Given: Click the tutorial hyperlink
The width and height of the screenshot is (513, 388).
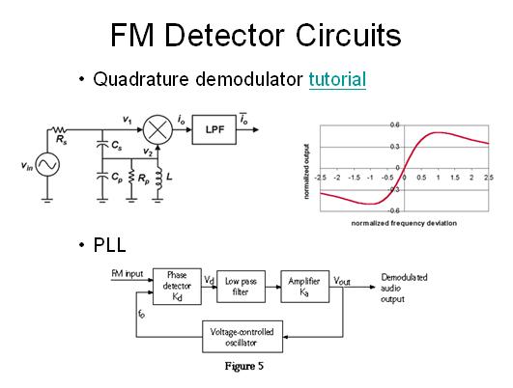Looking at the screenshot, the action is (337, 79).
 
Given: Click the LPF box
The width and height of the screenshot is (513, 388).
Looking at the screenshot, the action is (214, 129).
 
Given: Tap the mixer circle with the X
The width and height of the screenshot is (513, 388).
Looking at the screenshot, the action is (157, 129).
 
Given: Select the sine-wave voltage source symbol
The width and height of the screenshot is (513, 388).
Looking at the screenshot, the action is (47, 164).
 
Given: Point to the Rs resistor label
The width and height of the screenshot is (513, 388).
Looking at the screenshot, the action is (62, 140).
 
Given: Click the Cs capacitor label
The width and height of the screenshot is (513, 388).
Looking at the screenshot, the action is (117, 146).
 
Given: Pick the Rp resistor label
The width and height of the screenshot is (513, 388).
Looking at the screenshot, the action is (143, 179).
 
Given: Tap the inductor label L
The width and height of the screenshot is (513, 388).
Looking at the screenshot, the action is (169, 178).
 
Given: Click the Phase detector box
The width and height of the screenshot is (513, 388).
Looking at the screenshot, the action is (177, 287).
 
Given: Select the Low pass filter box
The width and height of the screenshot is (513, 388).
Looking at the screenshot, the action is (241, 287).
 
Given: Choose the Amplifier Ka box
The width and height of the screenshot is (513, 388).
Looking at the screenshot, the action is (304, 287).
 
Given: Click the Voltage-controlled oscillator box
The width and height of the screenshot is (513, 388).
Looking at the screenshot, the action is (242, 336).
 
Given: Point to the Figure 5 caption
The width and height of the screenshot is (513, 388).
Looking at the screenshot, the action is (244, 366).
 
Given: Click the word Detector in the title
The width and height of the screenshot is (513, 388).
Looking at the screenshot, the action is (224, 35).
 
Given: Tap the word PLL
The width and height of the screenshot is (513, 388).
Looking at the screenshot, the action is (109, 245).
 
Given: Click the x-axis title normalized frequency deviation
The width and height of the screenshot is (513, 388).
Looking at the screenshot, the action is (404, 223).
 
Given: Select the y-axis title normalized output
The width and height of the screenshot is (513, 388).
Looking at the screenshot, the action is (306, 172).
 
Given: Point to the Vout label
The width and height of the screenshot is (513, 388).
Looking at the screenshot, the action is (342, 281).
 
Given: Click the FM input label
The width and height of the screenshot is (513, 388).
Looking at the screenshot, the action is (128, 273).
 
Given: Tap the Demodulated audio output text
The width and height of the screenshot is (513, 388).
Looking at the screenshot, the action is (404, 289).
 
